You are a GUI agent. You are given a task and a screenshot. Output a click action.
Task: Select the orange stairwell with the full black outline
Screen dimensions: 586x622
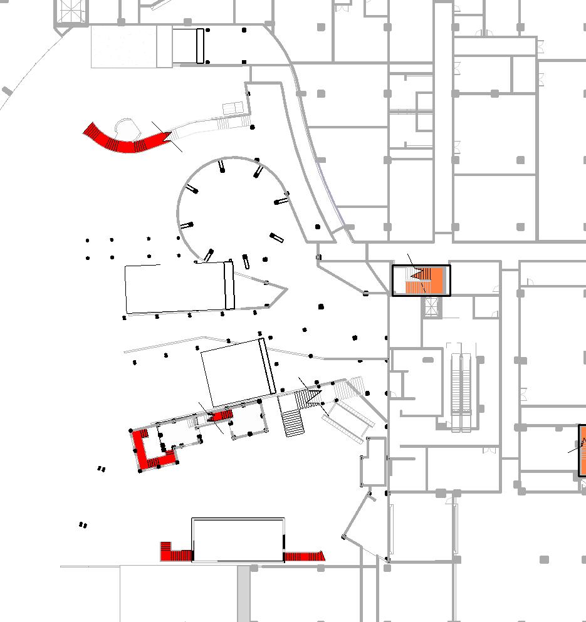pos(421,281)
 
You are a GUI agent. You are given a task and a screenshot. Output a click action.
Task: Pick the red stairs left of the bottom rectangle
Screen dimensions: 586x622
pos(175,552)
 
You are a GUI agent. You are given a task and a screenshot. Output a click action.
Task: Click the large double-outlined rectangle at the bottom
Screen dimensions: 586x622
pos(238,540)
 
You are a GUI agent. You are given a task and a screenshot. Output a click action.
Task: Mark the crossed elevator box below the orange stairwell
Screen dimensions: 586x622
pos(431,306)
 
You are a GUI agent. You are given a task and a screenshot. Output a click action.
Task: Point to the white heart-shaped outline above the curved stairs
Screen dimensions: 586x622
pos(129,129)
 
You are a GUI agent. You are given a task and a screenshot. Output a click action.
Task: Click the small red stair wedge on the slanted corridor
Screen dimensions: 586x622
pos(222,415)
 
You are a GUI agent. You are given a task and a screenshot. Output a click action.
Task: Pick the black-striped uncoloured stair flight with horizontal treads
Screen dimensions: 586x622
pos(293,423)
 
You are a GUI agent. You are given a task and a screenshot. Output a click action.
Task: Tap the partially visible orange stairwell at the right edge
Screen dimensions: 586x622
pos(582,450)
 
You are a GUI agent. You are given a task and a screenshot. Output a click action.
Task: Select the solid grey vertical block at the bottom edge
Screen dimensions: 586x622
pos(244,594)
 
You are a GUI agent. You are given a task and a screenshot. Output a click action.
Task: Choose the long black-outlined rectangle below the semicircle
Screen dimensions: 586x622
pos(179,288)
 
